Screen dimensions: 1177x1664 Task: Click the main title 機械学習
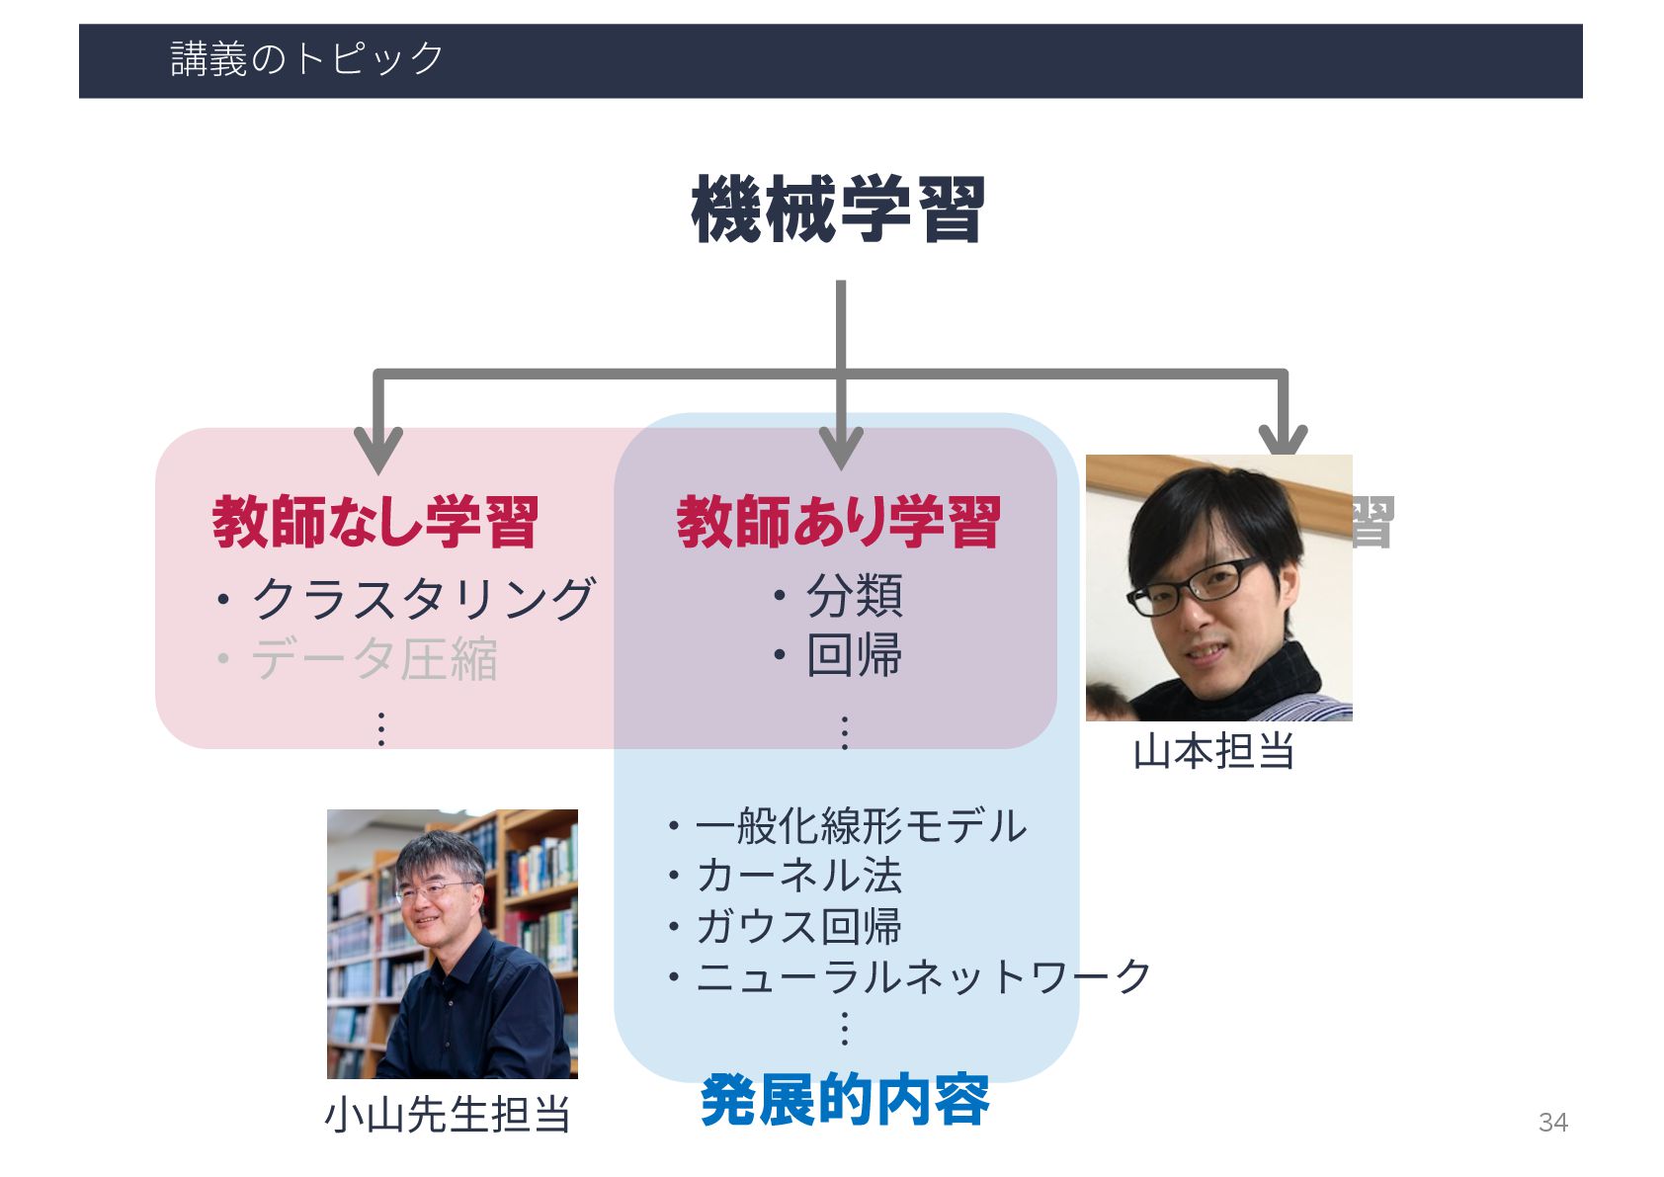point(838,210)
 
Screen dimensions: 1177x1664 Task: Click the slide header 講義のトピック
point(306,59)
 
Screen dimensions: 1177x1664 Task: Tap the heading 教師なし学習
point(375,522)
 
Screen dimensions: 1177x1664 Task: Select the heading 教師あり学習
point(839,522)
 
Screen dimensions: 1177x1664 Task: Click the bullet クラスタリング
point(422,599)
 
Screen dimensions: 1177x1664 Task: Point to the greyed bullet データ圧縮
point(374,659)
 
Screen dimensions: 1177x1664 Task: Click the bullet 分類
point(854,596)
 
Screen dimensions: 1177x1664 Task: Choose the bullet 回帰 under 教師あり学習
point(854,655)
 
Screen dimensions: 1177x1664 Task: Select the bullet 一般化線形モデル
point(860,826)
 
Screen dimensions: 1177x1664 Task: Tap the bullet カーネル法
point(798,876)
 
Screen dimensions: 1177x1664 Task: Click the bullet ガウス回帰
point(798,926)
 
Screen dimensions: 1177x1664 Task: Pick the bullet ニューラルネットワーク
point(923,976)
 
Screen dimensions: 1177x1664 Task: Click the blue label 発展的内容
point(845,1100)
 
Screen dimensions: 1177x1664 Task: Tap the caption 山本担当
point(1213,752)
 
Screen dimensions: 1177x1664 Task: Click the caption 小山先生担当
point(448,1115)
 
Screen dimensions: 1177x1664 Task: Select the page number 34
point(1552,1123)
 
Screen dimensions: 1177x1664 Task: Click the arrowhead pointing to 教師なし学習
point(378,450)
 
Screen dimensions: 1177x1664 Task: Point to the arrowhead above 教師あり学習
point(841,447)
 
